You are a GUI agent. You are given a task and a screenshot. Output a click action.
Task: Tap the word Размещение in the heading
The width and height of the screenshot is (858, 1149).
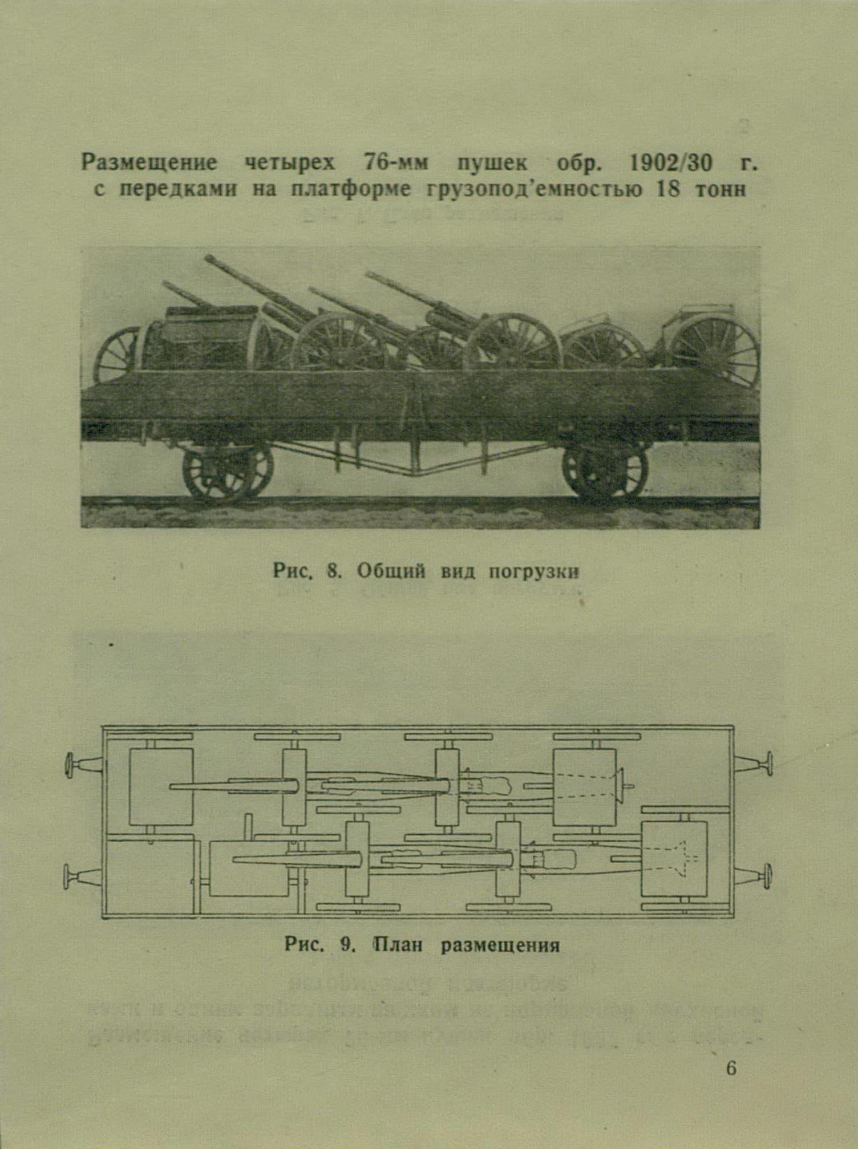coord(149,163)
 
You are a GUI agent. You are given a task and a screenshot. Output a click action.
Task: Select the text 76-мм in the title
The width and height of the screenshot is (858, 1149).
coord(395,164)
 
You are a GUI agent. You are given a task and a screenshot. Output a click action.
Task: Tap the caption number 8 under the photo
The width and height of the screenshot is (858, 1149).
coord(333,571)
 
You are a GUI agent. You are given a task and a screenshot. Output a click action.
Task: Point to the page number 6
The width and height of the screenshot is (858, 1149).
coord(731,1068)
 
